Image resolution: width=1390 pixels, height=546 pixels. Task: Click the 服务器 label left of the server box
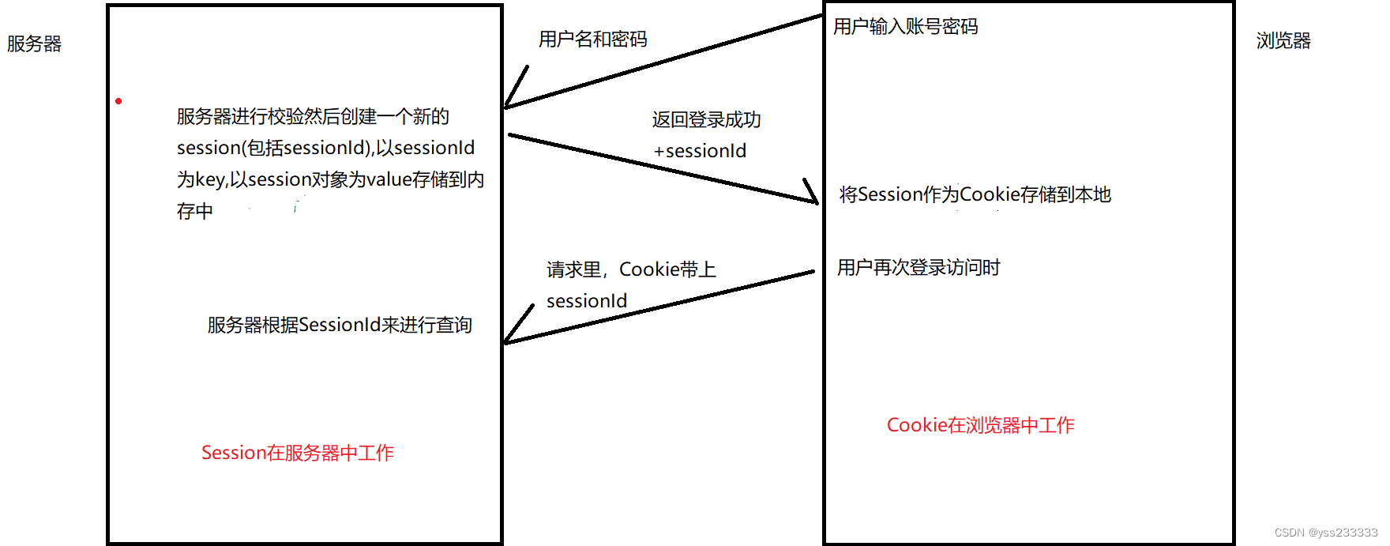pos(34,44)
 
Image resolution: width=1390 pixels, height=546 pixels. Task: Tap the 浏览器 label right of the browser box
pos(1283,41)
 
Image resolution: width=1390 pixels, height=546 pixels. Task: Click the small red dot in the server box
pos(118,101)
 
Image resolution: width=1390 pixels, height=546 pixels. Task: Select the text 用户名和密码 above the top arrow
pos(592,40)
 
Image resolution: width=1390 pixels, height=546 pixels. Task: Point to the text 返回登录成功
pos(706,120)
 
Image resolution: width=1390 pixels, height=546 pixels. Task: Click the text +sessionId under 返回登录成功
pos(700,151)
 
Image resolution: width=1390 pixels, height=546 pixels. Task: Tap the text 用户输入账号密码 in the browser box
pos(905,27)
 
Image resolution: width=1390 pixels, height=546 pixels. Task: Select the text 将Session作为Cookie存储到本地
pos(975,194)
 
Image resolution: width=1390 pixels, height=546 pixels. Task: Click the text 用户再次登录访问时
pos(918,268)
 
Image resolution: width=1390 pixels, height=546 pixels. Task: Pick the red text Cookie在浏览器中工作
pos(980,425)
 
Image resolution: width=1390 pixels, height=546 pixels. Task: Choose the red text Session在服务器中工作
pos(297,453)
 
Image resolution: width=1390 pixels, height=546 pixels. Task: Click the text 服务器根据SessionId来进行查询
pos(340,325)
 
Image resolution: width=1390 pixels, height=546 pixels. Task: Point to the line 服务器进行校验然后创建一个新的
pos(313,117)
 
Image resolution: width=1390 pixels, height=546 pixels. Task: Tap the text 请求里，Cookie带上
pos(631,270)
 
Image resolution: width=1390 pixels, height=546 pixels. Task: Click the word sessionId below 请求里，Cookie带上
pos(587,301)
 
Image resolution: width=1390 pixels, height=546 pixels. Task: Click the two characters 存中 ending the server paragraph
pos(195,211)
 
